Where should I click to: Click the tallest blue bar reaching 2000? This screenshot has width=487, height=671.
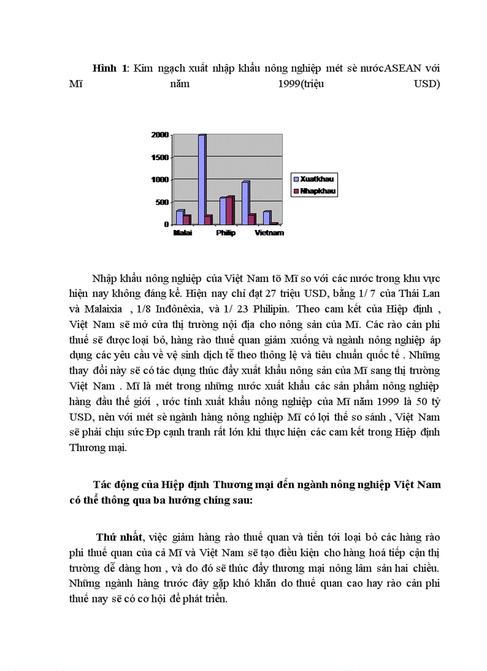click(202, 179)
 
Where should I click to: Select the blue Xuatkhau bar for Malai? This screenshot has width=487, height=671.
click(180, 217)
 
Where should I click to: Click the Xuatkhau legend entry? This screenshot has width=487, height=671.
click(316, 179)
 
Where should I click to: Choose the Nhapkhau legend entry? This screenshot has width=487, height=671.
click(316, 192)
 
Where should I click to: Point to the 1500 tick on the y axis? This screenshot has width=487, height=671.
click(159, 157)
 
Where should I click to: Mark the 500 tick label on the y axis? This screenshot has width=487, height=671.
click(162, 202)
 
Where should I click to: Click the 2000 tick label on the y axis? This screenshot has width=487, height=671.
click(159, 135)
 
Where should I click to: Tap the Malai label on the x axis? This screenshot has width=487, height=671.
click(182, 233)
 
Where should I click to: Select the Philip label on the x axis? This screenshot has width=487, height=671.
click(226, 233)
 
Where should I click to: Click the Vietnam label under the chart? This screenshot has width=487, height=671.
click(269, 233)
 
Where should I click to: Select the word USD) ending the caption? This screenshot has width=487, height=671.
click(427, 84)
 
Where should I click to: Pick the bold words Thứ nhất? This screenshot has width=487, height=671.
click(120, 538)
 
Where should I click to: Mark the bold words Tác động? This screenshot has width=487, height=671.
click(113, 484)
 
